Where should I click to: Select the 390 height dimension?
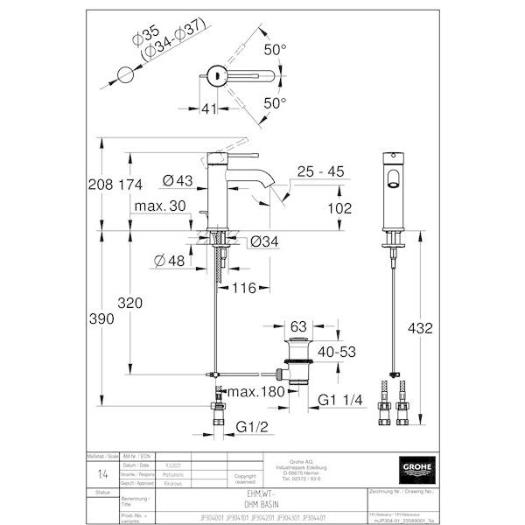click(x=101, y=319)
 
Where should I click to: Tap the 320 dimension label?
click(x=129, y=304)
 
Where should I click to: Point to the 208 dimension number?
click(x=101, y=185)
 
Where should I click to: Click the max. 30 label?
click(x=157, y=206)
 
